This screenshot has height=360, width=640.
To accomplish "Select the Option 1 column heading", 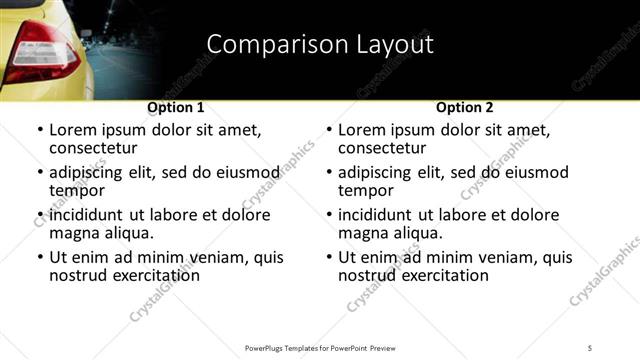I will pyautogui.click(x=176, y=107).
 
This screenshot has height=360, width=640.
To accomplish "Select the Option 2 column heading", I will pyautogui.click(x=465, y=107).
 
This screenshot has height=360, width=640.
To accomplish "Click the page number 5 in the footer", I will pyautogui.click(x=590, y=347).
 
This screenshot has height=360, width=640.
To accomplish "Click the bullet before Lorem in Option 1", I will pyautogui.click(x=39, y=130).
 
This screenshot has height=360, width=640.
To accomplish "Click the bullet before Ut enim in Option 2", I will pyautogui.click(x=328, y=257).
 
